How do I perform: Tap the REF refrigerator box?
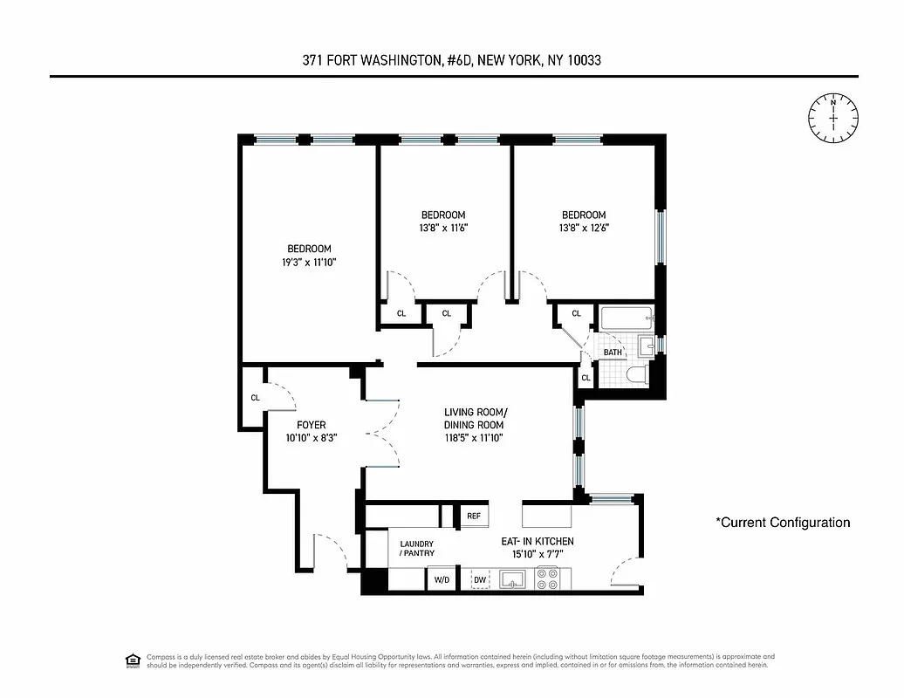[473, 516]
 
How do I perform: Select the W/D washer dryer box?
[441, 578]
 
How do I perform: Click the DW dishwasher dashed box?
[480, 578]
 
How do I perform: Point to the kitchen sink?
[512, 578]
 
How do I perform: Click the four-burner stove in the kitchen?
[547, 578]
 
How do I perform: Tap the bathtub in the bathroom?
[626, 319]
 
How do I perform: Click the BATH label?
[613, 352]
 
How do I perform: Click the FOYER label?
[311, 425]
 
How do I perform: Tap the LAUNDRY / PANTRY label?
[416, 548]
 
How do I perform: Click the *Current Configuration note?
[782, 523]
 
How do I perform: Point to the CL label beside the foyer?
[255, 398]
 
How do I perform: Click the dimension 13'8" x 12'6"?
[583, 229]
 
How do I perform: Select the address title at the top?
[452, 60]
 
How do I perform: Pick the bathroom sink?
[647, 346]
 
